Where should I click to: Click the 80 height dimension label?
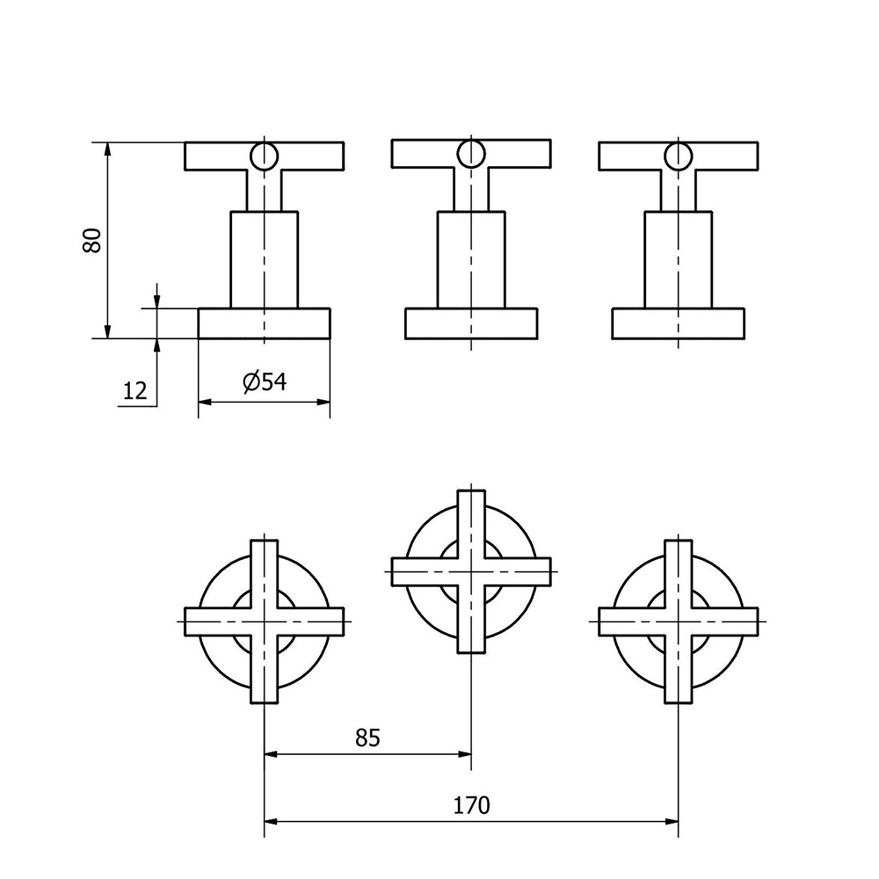coord(92,241)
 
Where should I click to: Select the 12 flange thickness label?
coord(134,390)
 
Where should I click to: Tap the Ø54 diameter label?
coord(265,382)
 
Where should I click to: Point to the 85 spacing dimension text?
coord(367,737)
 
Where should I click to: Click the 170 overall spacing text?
coord(471,805)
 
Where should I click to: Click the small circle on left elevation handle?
coord(264,156)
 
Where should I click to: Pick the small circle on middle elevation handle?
coord(471,154)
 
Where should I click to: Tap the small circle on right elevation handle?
coord(679,156)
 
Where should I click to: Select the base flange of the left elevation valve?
coord(264,323)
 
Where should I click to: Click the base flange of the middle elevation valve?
coord(471,323)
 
